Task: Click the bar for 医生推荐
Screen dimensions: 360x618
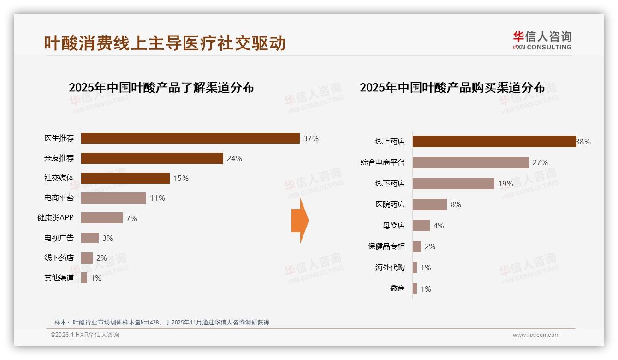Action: coord(190,138)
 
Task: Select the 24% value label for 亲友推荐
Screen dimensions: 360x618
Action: coord(234,158)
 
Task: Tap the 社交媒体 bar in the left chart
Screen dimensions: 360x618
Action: coord(125,178)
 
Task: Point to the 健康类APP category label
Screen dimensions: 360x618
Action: coord(55,218)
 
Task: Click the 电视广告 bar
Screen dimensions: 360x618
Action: coord(90,238)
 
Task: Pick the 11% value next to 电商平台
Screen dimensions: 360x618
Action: coord(157,198)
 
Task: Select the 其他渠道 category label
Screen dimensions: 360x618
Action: coord(59,278)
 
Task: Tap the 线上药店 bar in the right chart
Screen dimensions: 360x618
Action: coord(494,142)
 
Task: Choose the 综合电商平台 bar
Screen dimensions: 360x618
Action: coord(470,162)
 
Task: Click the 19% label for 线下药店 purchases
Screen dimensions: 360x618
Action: coord(505,184)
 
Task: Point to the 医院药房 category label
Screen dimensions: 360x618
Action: coord(390,204)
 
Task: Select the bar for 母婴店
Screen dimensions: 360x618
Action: coord(421,226)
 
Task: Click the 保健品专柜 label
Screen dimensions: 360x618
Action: coord(386,246)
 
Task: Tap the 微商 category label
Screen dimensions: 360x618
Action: coord(397,288)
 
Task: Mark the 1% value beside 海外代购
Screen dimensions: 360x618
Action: coord(426,268)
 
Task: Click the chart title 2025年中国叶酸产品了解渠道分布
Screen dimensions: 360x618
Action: coord(161,88)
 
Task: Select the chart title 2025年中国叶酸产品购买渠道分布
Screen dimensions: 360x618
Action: coord(452,88)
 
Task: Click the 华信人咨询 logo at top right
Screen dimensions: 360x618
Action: coord(542,41)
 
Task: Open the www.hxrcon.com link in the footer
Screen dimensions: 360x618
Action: coord(536,335)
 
